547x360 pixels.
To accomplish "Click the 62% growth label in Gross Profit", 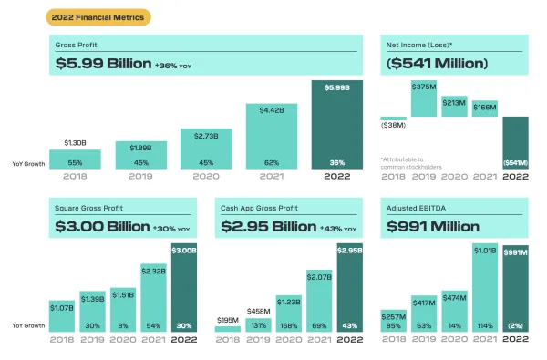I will tap(272, 162).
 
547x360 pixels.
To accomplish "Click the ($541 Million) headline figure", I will tap(439, 64).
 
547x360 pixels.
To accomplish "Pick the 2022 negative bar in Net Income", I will tap(515, 143).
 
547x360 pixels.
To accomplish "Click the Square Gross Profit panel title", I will tap(89, 208).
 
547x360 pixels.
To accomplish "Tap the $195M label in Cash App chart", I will tap(228, 318).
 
